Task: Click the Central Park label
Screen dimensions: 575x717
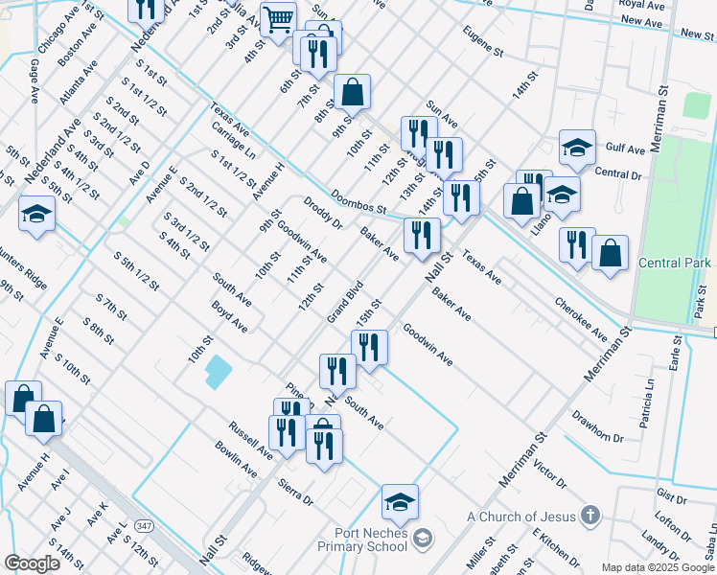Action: [674, 264]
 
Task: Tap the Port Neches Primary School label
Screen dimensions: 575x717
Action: [372, 540]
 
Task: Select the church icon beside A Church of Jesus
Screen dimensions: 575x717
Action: [590, 516]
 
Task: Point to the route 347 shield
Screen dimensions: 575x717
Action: [144, 526]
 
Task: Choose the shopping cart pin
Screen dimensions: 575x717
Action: [278, 19]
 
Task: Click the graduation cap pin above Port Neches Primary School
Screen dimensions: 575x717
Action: [401, 500]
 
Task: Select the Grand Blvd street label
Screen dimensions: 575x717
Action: [345, 301]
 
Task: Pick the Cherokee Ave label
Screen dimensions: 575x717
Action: [581, 317]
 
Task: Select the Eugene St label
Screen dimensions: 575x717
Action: [483, 41]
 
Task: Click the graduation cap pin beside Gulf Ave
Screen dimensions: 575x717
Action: [577, 148]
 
